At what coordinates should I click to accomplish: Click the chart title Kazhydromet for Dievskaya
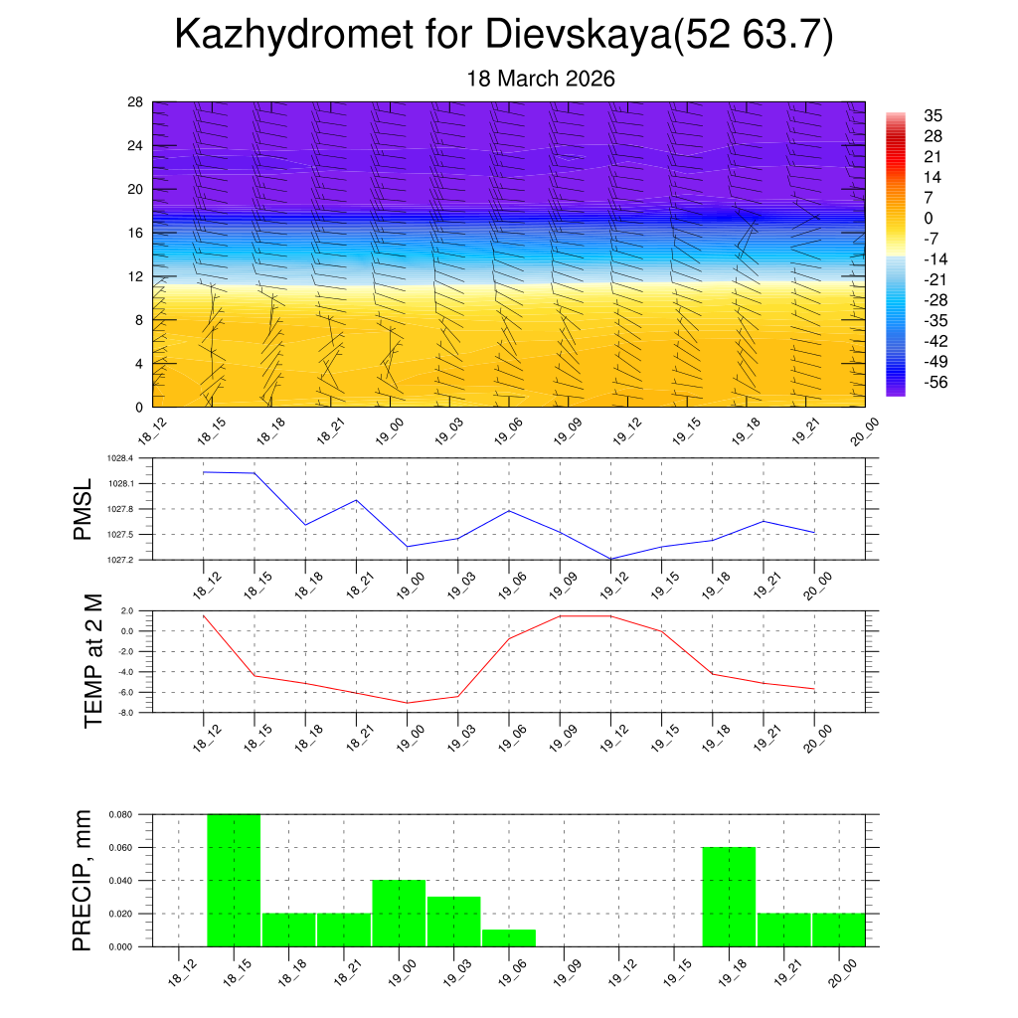504,36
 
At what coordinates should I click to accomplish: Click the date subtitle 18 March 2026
541,79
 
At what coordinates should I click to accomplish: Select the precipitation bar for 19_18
729,897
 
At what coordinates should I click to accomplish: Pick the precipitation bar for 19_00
399,913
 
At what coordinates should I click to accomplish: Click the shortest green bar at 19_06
509,937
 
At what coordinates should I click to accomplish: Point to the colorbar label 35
933,115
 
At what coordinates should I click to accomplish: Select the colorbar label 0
929,219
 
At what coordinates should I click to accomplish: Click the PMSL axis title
83,509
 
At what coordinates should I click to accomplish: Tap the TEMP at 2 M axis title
93,661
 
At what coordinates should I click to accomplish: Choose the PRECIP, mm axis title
84,880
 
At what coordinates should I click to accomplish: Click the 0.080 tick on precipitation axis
119,814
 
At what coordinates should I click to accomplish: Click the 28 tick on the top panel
136,102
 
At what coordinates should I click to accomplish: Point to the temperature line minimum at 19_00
408,703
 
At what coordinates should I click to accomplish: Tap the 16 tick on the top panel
136,233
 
